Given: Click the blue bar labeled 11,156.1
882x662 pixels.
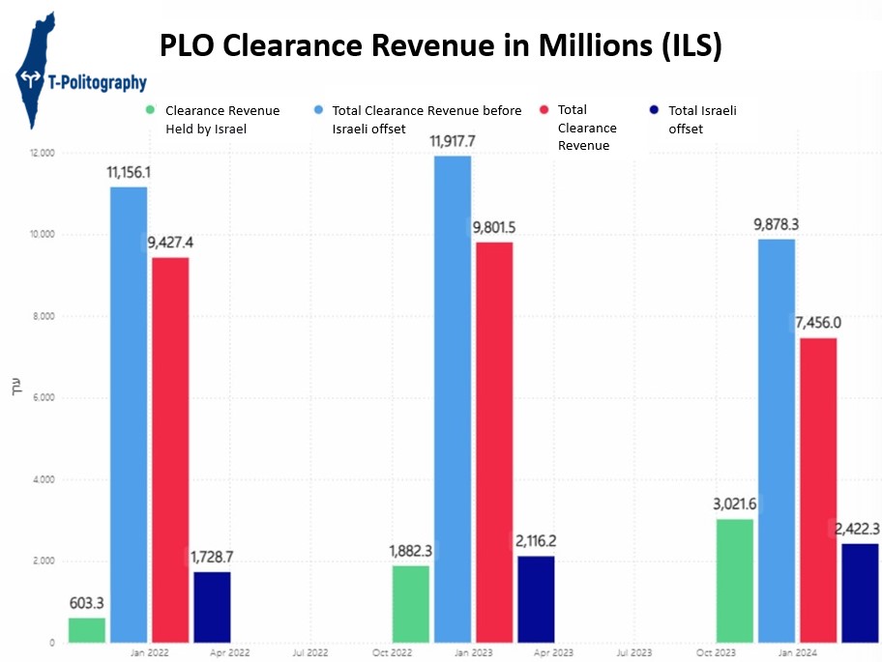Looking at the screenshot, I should [129, 415].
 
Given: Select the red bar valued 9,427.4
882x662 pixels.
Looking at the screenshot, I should [170, 449].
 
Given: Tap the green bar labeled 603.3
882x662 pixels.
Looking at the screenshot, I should [87, 630].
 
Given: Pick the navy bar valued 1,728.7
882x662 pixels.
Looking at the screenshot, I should [212, 607].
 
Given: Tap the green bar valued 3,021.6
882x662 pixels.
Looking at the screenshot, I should [735, 581].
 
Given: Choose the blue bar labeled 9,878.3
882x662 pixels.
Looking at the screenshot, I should [777, 441].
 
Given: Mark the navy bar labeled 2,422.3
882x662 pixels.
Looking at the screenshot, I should [860, 592].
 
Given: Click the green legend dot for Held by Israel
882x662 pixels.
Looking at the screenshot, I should [150, 110].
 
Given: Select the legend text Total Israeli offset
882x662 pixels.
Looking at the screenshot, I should [702, 119].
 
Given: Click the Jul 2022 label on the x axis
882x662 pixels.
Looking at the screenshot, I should [309, 653].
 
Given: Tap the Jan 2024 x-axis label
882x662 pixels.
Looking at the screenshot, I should [797, 653].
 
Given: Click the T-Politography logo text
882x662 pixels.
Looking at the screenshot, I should [95, 83].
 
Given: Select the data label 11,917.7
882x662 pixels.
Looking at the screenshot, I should [453, 141].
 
